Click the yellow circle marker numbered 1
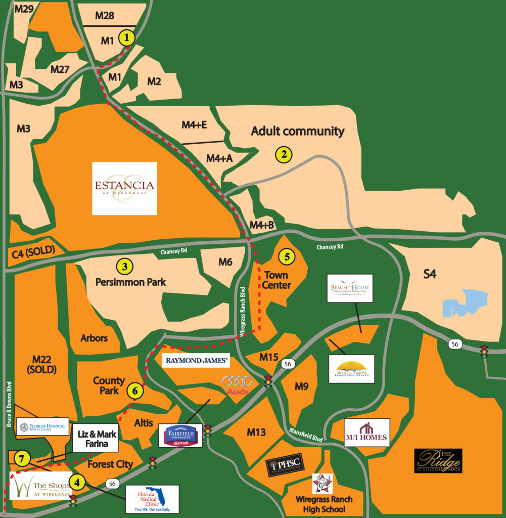(x=126, y=37)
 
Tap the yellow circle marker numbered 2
(x=284, y=155)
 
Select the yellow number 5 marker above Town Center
(x=287, y=256)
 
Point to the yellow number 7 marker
(x=21, y=459)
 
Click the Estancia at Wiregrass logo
(x=124, y=188)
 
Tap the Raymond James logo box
(x=196, y=361)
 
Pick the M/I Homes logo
(x=366, y=433)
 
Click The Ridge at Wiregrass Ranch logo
(x=438, y=461)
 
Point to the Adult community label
(x=298, y=132)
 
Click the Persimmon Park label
(x=130, y=282)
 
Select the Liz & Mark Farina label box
(x=96, y=439)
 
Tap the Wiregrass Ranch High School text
(x=324, y=504)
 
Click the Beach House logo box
(x=350, y=288)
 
